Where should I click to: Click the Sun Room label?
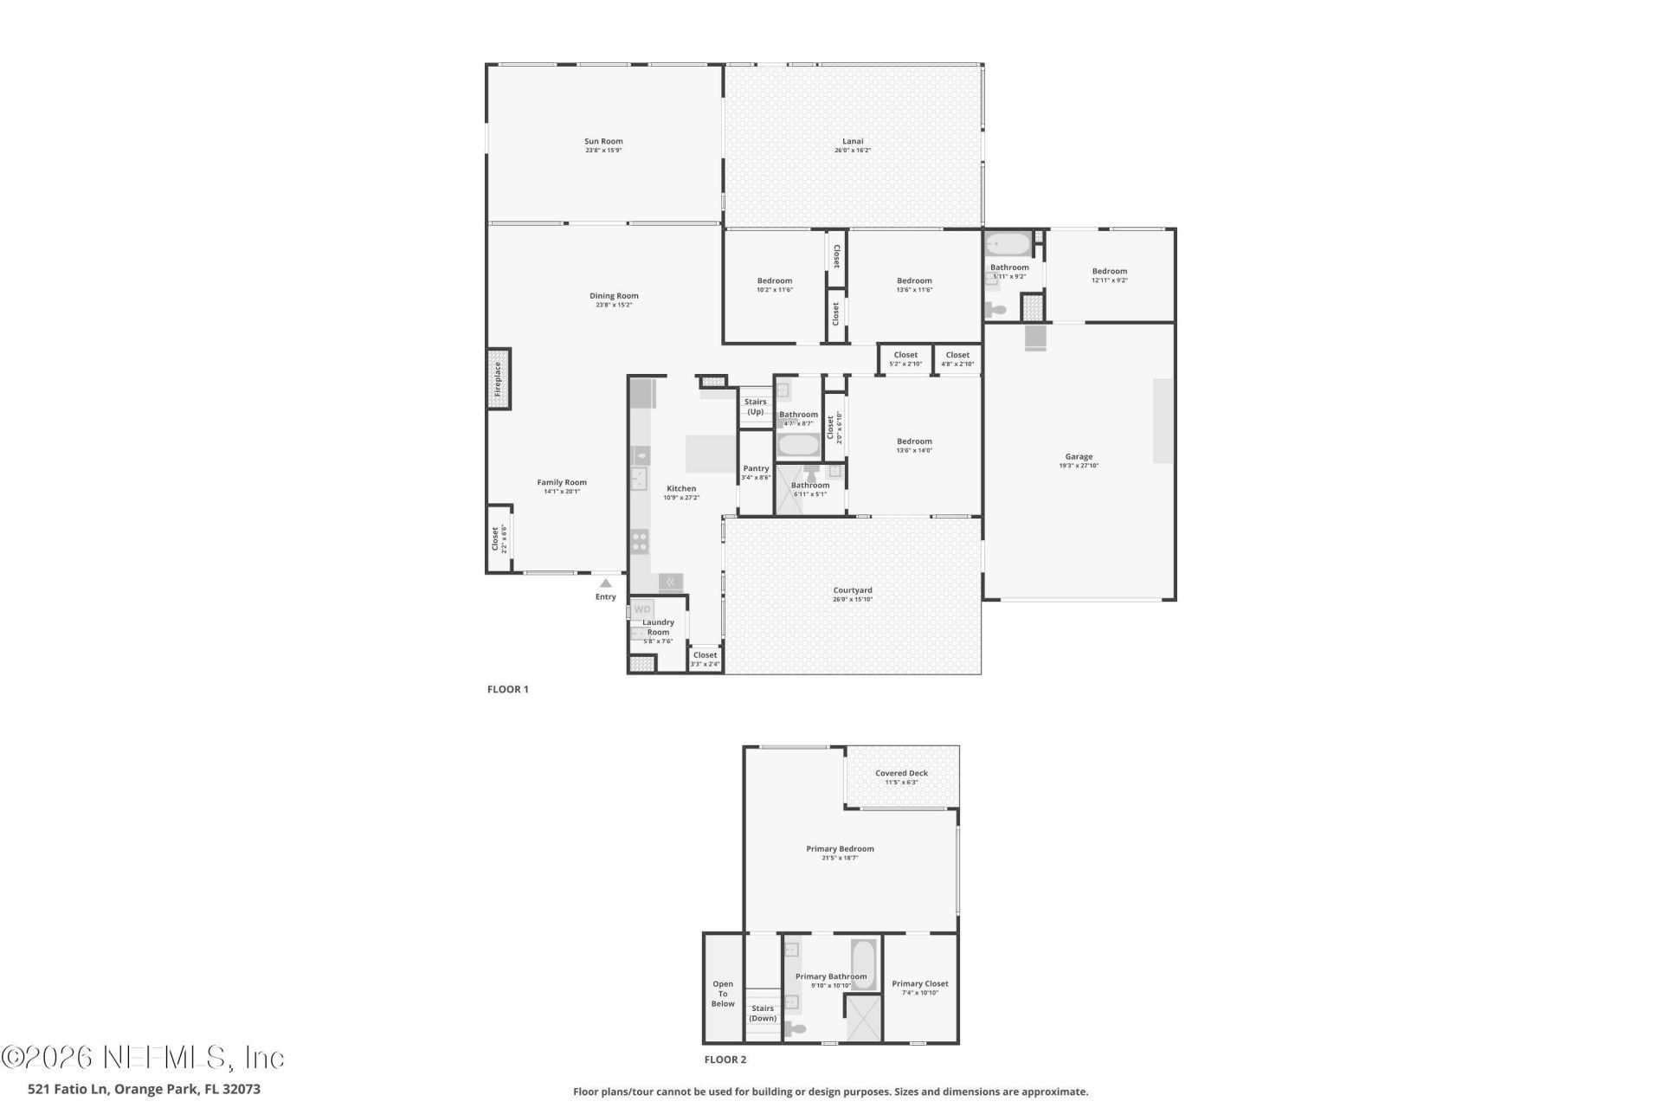pyautogui.click(x=603, y=142)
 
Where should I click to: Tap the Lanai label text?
pyautogui.click(x=853, y=142)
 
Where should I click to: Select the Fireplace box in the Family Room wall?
pyautogui.click(x=499, y=379)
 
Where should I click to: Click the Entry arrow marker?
pyautogui.click(x=606, y=583)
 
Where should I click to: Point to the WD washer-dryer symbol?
pyautogui.click(x=641, y=609)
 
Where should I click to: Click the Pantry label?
pyautogui.click(x=756, y=468)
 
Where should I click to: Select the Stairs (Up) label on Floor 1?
pyautogui.click(x=756, y=407)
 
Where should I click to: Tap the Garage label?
pyautogui.click(x=1079, y=457)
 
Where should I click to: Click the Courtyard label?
pyautogui.click(x=853, y=590)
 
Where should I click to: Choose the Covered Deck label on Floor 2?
pyautogui.click(x=901, y=774)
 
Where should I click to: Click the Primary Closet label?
pyautogui.click(x=920, y=984)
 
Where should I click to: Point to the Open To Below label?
pyautogui.click(x=723, y=994)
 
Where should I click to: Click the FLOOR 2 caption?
pyautogui.click(x=725, y=1060)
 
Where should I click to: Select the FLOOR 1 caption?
pyautogui.click(x=508, y=690)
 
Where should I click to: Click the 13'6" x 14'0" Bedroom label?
pyautogui.click(x=914, y=442)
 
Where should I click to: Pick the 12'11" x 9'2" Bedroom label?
pyautogui.click(x=1110, y=272)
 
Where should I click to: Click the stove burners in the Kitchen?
pyautogui.click(x=640, y=542)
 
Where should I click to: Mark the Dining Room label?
pyautogui.click(x=614, y=296)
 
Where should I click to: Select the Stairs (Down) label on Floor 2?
pyautogui.click(x=763, y=1013)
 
